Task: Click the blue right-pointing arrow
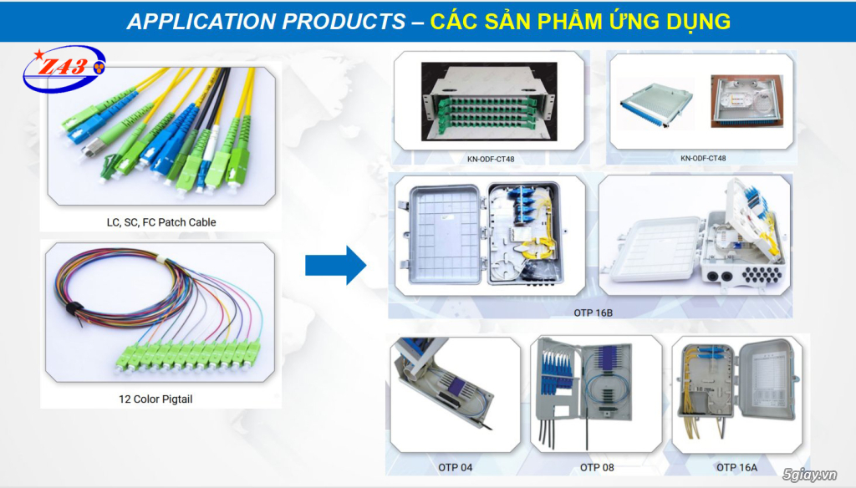pos(335,266)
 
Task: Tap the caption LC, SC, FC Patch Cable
pos(161,222)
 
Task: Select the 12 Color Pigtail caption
pos(155,399)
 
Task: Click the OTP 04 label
pos(455,467)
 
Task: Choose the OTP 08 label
pos(597,467)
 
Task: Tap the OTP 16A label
pos(736,467)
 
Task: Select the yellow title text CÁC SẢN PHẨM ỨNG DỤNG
pos(580,22)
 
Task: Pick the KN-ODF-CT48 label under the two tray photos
pos(703,158)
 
